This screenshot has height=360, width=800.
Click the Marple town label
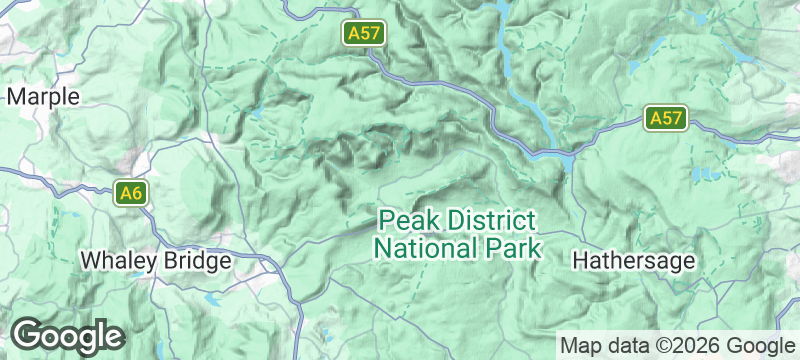click(x=43, y=97)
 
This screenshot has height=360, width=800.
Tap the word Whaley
click(x=116, y=261)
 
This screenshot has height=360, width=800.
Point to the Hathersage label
click(x=633, y=261)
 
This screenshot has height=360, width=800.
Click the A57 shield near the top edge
click(x=363, y=33)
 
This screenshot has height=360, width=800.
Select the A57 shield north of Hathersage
click(x=665, y=118)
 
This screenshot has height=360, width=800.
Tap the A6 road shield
click(x=130, y=193)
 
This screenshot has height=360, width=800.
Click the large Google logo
click(x=67, y=335)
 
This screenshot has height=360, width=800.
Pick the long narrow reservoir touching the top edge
click(x=497, y=15)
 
